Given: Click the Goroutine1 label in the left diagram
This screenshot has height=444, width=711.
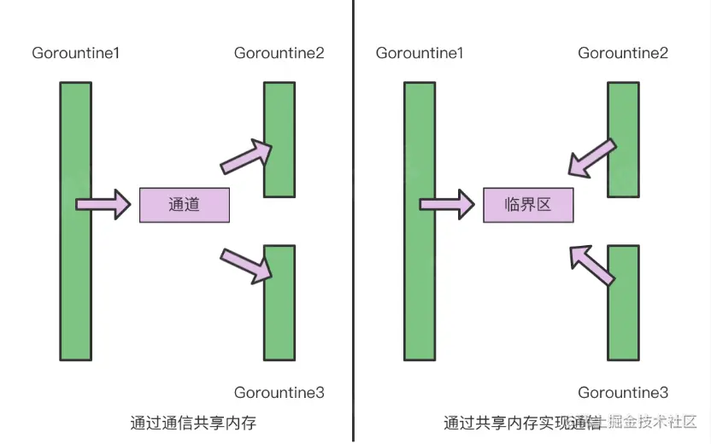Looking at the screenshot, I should coord(76,53).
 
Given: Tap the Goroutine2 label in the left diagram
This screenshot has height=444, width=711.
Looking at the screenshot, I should coord(279,53).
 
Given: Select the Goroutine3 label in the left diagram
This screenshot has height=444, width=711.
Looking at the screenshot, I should coord(279,393).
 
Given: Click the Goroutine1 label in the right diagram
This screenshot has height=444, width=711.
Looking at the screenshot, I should coord(420,53).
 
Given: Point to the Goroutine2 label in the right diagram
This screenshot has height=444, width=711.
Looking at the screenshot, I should coord(623,53).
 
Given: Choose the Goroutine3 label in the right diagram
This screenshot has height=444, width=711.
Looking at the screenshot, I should coord(623,393).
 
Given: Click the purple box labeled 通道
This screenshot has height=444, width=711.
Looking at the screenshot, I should coord(185,205).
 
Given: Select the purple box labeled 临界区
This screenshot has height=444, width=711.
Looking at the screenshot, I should coord(528,205).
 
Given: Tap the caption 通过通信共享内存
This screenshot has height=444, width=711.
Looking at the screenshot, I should coord(194,423).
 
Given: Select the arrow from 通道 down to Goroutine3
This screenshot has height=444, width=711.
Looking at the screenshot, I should coord(247,263).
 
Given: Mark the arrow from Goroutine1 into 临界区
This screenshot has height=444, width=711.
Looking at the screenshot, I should coord(446,204).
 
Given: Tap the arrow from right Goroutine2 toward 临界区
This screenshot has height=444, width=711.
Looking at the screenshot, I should coord(591,160).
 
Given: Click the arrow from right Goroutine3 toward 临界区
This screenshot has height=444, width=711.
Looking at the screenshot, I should coord(592,263).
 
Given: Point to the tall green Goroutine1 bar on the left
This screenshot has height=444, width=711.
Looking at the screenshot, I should coord(75,221).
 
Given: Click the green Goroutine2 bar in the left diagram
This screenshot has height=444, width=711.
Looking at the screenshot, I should coord(279,138).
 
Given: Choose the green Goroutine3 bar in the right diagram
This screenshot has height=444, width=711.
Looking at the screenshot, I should coord(623,302).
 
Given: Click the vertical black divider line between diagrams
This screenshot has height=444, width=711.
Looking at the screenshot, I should coord(353,221).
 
